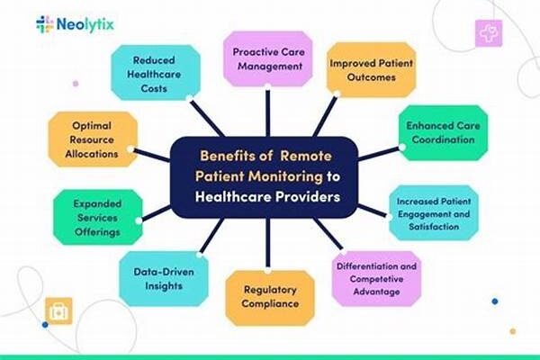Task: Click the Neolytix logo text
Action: point(85,25)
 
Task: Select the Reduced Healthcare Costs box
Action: point(156,73)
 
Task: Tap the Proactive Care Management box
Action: point(268,58)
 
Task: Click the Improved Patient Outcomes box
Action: point(371,70)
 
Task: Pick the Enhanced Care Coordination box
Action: point(443,132)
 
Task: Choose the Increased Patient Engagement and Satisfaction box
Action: point(434,213)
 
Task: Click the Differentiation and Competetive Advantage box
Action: point(376,279)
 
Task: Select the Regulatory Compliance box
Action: point(270,298)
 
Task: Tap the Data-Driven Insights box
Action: point(164,279)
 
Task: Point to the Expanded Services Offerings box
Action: point(98,218)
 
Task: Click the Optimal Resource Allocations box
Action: point(93,139)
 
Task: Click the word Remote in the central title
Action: point(306,156)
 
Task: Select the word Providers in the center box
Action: point(307,197)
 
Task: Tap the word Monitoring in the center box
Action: point(285,176)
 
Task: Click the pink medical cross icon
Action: point(489,33)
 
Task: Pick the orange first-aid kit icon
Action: point(58,311)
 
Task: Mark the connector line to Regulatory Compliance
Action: point(268,244)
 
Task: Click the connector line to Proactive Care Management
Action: point(268,112)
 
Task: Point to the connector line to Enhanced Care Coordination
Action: point(379,154)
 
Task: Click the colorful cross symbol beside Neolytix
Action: point(45,24)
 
